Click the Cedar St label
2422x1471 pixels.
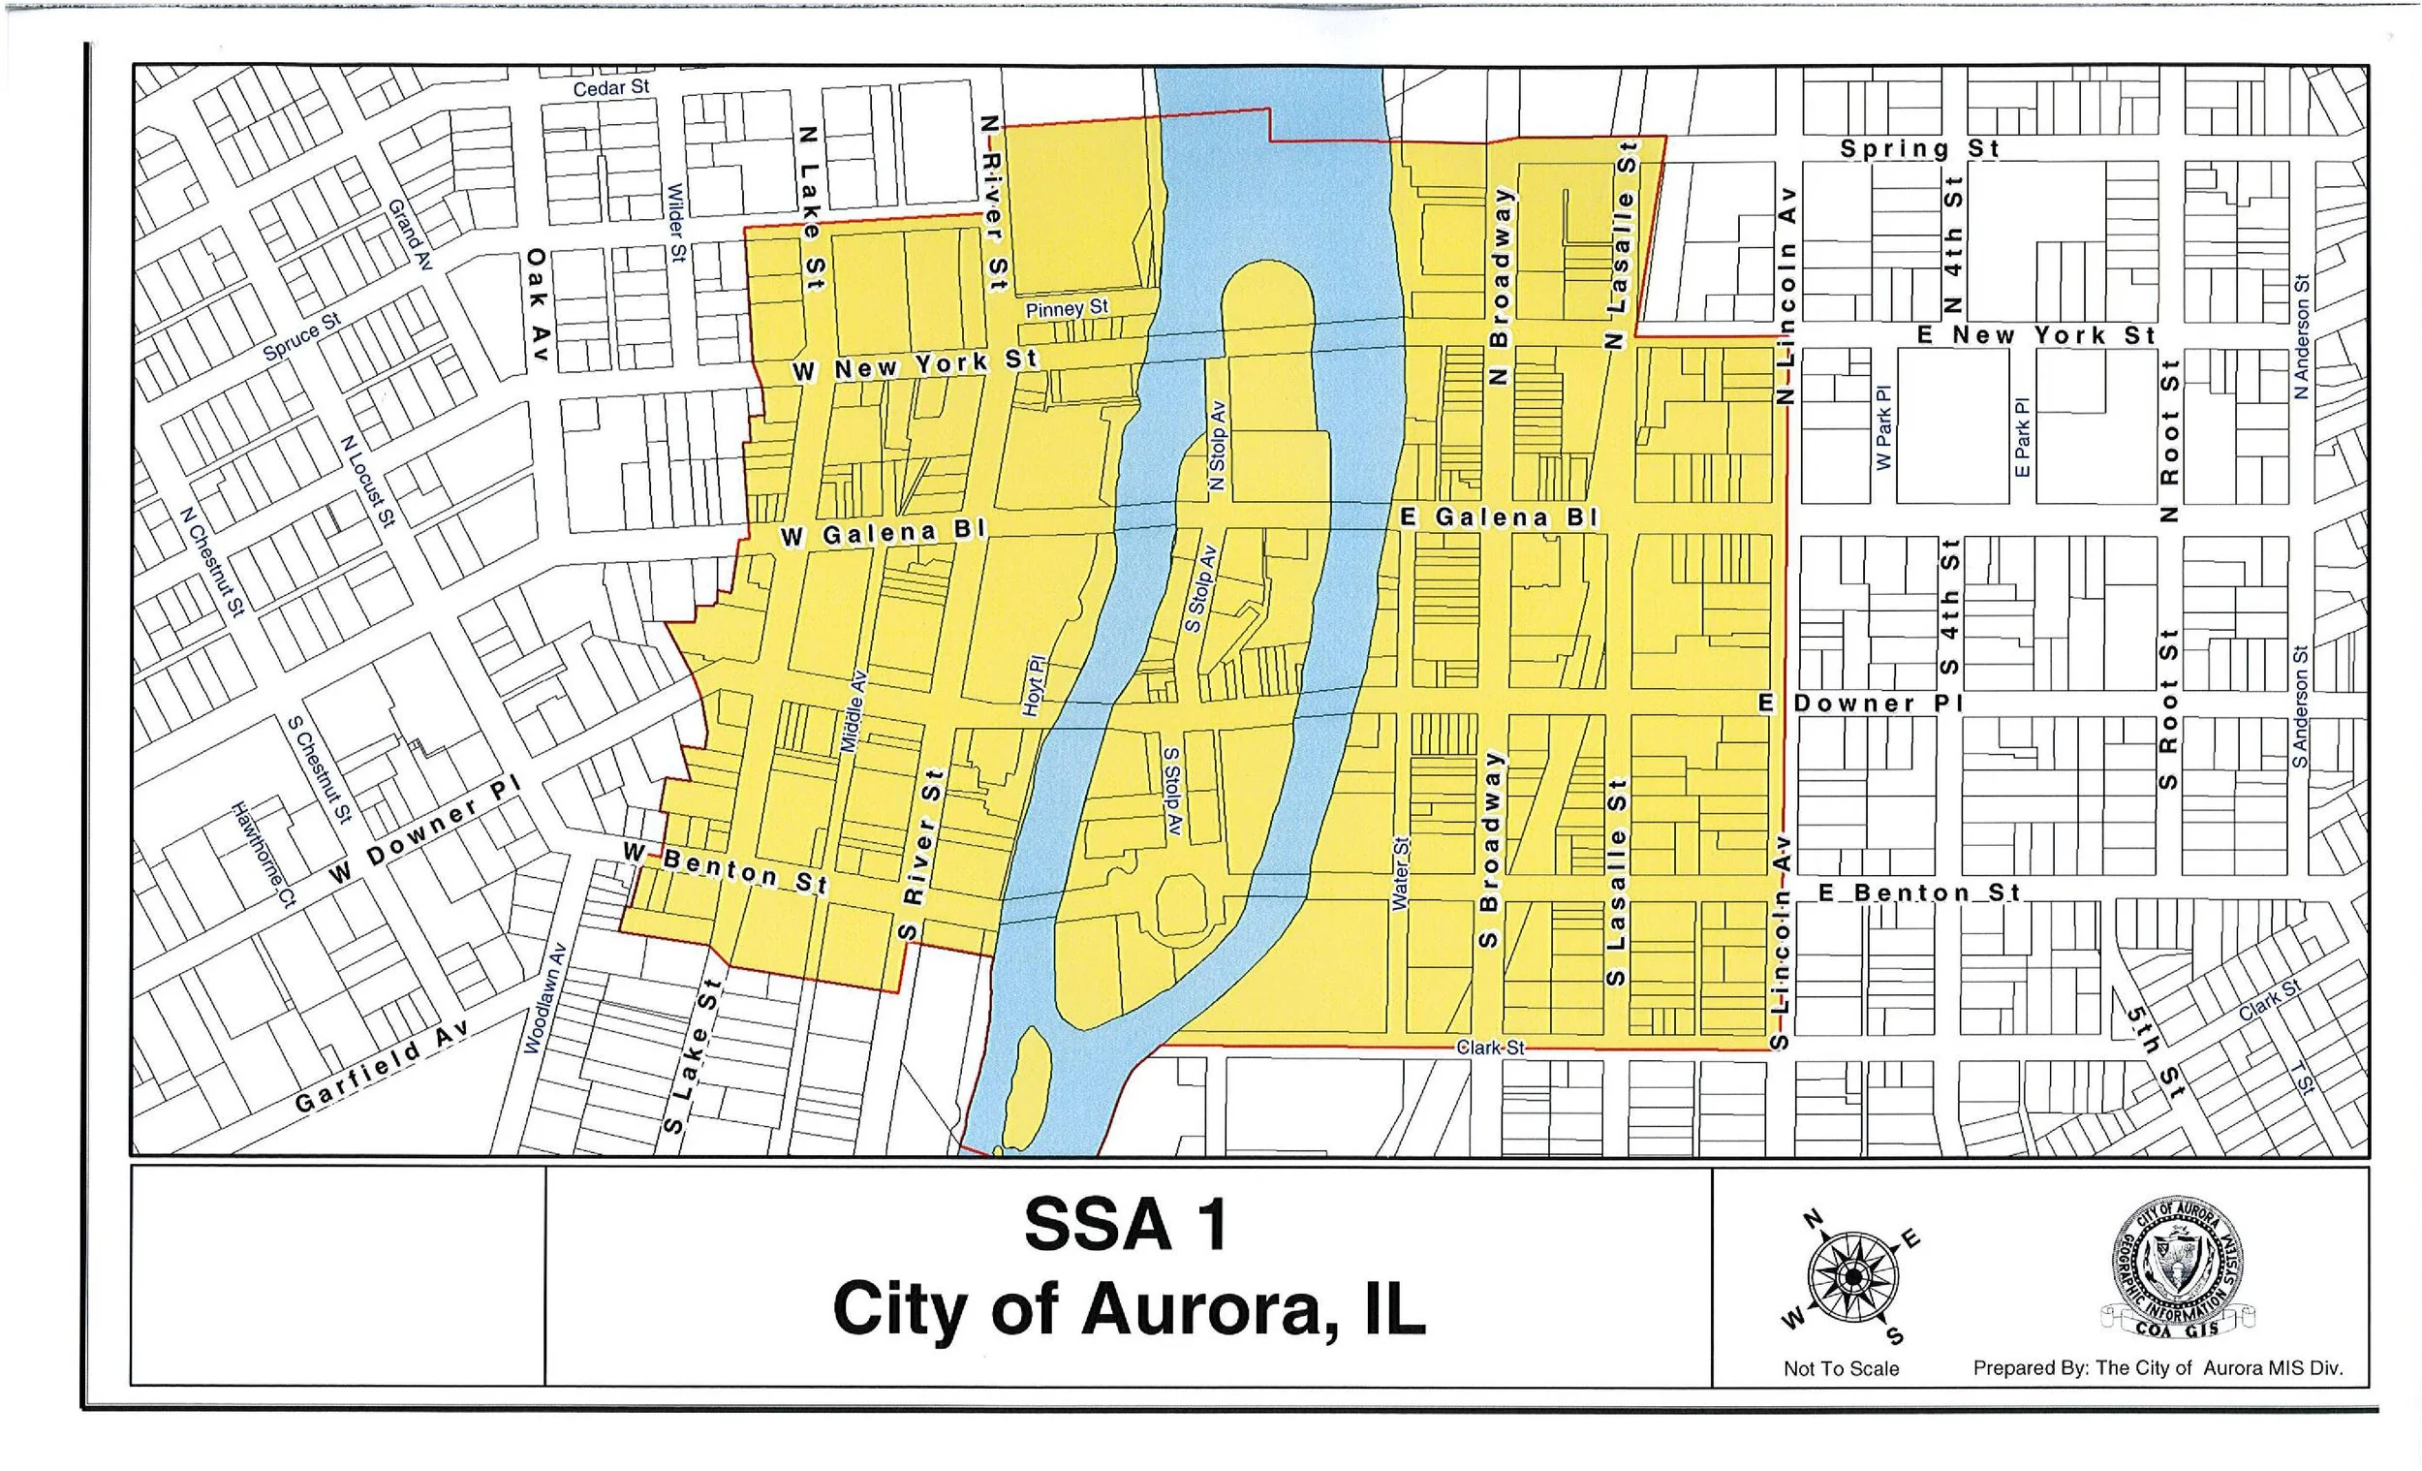click(x=610, y=88)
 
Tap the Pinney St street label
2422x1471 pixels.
click(x=1067, y=309)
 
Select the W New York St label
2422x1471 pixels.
click(x=916, y=365)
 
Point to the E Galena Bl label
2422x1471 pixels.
click(x=1499, y=517)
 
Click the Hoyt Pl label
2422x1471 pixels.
click(x=1035, y=685)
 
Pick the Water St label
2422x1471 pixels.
click(x=1400, y=873)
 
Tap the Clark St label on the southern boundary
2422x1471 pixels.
click(x=1490, y=1048)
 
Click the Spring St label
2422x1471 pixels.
click(x=1920, y=149)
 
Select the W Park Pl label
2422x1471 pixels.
click(x=1883, y=426)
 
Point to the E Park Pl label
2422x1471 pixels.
click(x=2022, y=438)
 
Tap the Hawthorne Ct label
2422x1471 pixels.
click(x=264, y=854)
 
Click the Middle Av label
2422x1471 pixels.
click(x=854, y=712)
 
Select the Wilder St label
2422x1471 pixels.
click(x=676, y=223)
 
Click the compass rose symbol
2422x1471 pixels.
click(x=1852, y=1277)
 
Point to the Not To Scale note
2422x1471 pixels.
click(x=1841, y=1368)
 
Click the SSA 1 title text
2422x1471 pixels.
click(x=1127, y=1225)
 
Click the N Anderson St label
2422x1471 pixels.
click(x=2301, y=336)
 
